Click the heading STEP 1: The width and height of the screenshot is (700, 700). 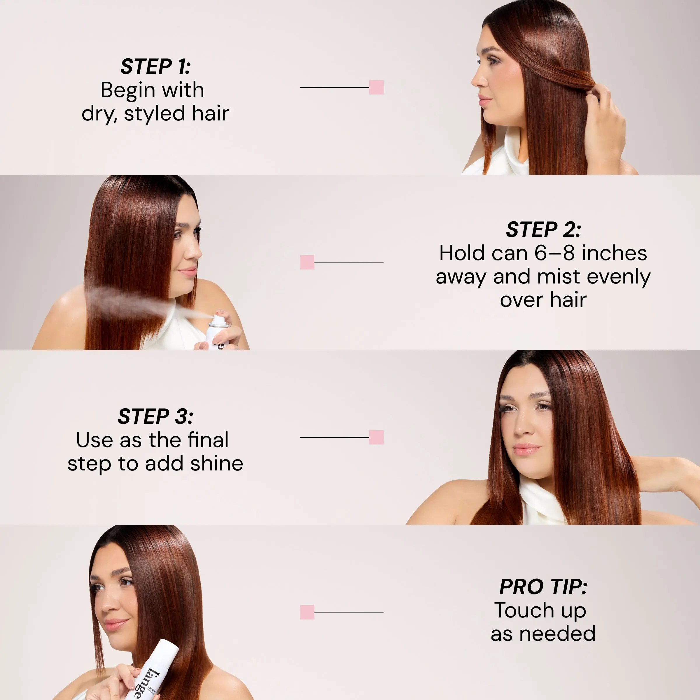(x=155, y=67)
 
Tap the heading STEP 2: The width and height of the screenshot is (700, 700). (x=543, y=230)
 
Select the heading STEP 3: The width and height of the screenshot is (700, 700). (x=155, y=416)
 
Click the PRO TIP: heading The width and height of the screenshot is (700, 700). (x=543, y=587)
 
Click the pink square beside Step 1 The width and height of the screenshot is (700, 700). (x=376, y=87)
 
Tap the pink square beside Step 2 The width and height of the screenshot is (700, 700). (x=307, y=262)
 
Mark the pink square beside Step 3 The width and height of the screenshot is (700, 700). (x=376, y=437)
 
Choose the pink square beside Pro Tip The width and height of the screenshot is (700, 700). (x=307, y=612)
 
